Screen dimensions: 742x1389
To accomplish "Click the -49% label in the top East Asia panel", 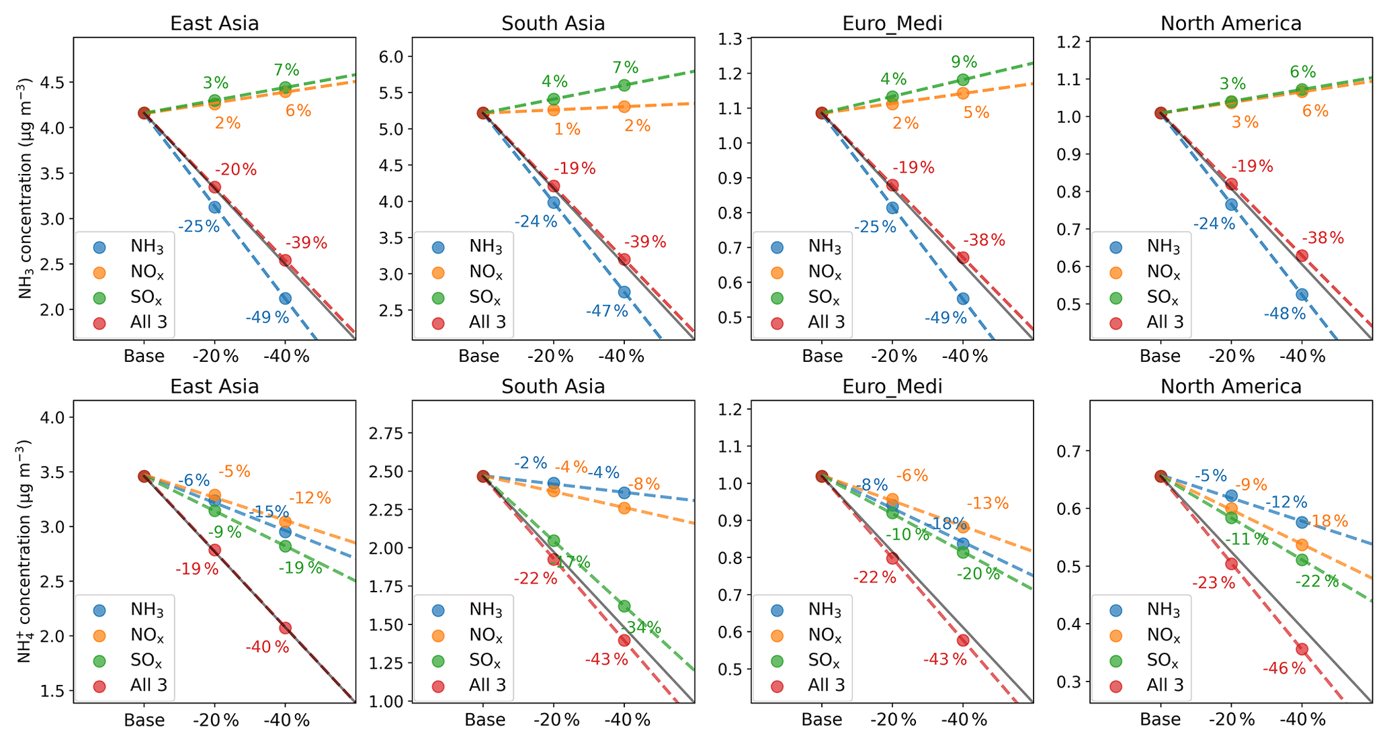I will pyautogui.click(x=267, y=318).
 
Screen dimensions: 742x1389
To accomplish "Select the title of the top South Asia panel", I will pyautogui.click(x=553, y=24).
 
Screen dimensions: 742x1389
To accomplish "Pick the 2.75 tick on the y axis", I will pyautogui.click(x=386, y=433).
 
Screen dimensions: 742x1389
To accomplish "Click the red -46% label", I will pyautogui.click(x=1283, y=669).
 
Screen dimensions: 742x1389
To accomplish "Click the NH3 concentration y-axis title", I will pyautogui.click(x=26, y=188).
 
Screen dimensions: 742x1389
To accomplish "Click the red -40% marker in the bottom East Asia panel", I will pyautogui.click(x=285, y=628).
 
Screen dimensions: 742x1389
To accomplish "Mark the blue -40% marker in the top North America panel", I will pyautogui.click(x=1302, y=294).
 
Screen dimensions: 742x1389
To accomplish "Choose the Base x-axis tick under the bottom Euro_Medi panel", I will pyautogui.click(x=821, y=720).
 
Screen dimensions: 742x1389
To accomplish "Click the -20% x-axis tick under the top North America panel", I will pyautogui.click(x=1231, y=357).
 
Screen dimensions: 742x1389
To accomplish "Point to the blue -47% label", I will pyautogui.click(x=606, y=311).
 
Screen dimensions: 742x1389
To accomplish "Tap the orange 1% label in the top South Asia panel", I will pyautogui.click(x=567, y=129).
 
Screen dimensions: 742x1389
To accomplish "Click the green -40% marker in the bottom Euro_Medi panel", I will pyautogui.click(x=962, y=552).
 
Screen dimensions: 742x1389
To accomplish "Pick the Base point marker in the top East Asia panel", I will pyautogui.click(x=144, y=113).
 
